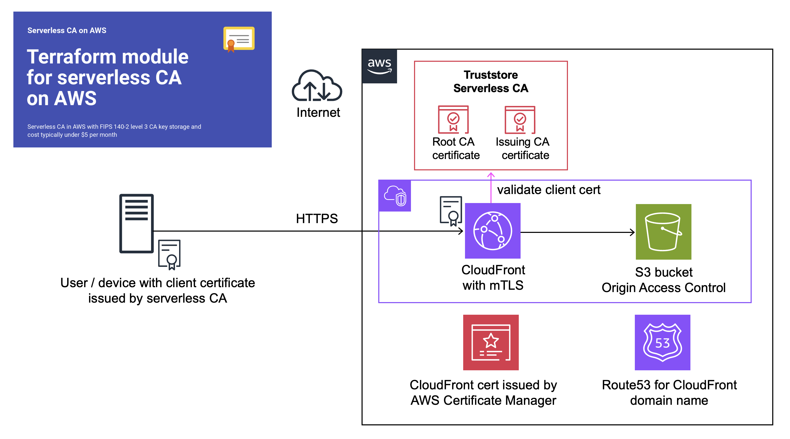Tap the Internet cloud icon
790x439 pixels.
317,86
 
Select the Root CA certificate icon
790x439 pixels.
453,120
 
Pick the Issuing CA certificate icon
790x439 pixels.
520,120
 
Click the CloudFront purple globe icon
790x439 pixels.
493,231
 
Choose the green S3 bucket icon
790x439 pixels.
663,232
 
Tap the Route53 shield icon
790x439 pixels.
662,342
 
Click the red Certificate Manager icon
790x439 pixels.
491,342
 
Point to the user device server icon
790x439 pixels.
136,223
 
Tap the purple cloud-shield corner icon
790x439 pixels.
395,196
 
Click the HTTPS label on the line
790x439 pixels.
317,218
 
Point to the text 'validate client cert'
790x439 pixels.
548,190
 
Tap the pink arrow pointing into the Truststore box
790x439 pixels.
491,186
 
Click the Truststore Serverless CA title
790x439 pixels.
491,81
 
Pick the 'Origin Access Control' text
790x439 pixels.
663,288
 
